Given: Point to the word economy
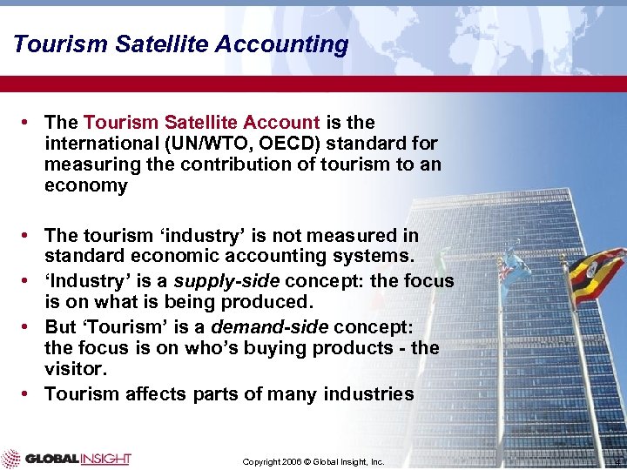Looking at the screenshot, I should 85,185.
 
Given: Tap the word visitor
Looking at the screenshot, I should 73,369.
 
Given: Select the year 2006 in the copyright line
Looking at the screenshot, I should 293,461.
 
